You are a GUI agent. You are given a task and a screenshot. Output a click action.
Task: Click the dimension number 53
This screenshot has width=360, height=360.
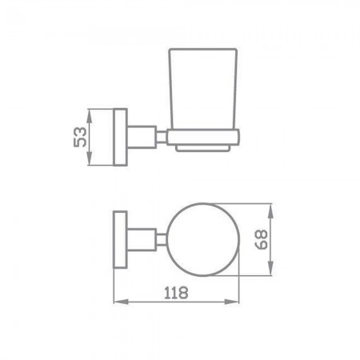click(x=80, y=137)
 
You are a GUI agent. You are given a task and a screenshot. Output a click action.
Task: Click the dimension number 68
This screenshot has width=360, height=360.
click(x=261, y=239)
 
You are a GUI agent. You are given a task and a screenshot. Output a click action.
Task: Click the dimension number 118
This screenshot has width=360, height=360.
click(x=176, y=293)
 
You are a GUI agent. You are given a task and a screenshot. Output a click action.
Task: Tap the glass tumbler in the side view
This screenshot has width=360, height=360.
click(x=203, y=89)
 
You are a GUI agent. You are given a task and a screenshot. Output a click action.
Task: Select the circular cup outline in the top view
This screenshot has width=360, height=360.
click(x=169, y=239)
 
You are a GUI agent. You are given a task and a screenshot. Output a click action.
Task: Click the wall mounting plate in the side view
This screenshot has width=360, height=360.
click(x=121, y=137)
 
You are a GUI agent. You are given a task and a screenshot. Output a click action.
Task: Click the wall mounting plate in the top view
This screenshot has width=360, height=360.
click(x=120, y=240)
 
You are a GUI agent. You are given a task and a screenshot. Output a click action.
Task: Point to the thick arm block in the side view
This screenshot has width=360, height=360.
click(x=142, y=137)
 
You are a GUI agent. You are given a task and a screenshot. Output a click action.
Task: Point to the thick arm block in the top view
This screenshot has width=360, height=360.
click(x=142, y=240)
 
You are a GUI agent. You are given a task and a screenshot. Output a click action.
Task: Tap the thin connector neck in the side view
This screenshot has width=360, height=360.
click(x=162, y=137)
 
